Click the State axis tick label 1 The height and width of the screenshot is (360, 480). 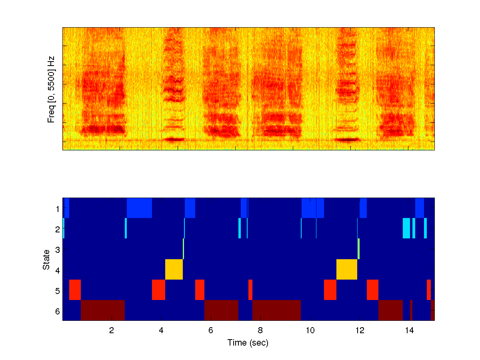point(57,208)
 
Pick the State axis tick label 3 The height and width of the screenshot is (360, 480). point(57,250)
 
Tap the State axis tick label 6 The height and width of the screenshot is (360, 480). point(57,311)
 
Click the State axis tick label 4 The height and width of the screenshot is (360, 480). point(57,270)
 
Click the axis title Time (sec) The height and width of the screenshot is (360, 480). point(248,343)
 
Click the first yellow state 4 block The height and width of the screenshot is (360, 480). point(174,270)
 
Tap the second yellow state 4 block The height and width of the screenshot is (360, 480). point(347,270)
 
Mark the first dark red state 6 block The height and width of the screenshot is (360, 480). point(103,310)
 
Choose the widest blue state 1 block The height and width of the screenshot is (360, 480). point(139,208)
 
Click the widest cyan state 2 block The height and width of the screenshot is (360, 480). point(406,228)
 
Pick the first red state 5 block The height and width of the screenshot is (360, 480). point(75,290)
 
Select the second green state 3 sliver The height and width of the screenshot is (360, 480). point(358,249)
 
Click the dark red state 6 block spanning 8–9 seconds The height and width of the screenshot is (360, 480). point(276,310)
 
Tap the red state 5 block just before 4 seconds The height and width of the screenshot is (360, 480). point(158,290)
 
